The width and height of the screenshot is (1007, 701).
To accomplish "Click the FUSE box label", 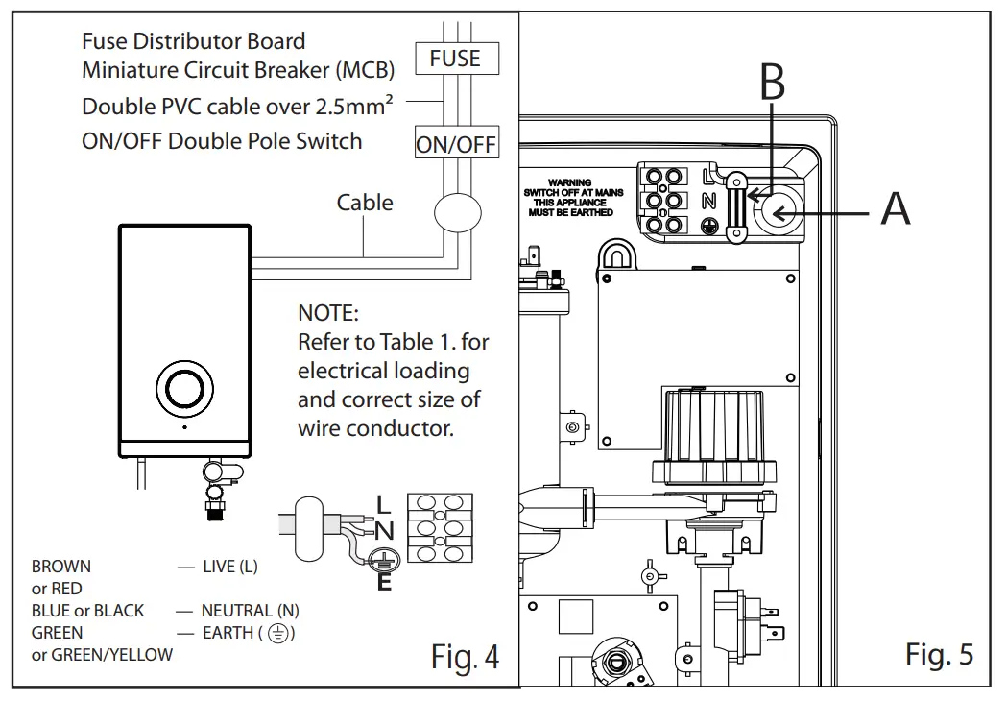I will pos(455,58).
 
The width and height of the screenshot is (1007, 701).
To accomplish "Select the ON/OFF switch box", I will pos(456,144).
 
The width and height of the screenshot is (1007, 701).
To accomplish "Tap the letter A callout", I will pos(895,207).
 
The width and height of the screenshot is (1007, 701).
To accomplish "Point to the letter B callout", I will pos(773,84).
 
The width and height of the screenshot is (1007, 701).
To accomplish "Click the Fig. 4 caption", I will pos(465,657).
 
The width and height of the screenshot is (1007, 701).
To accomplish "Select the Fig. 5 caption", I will pos(939,655).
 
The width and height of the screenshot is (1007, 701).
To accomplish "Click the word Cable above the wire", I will pos(365,203).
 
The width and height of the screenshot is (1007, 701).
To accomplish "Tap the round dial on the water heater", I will pos(183,388).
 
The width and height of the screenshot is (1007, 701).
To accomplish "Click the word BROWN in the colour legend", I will pos(61,567).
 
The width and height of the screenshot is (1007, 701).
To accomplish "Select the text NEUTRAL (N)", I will pos(250,611).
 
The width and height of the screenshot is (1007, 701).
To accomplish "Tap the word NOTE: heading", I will pos(327,313).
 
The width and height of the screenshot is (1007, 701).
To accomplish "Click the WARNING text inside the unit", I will pos(570,182).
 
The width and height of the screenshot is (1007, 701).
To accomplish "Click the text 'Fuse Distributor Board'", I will pos(193,41).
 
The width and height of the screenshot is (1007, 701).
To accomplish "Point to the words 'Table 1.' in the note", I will pos(419,342).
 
